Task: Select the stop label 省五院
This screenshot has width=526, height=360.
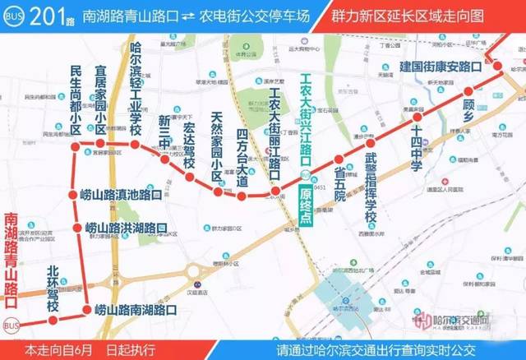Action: (x=339, y=182)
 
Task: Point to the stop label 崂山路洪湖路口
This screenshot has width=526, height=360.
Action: (x=127, y=228)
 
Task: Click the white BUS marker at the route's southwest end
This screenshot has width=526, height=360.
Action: (x=12, y=325)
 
